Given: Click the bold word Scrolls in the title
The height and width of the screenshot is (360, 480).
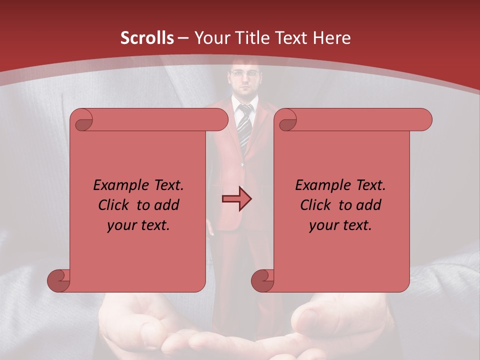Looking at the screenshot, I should click(147, 38).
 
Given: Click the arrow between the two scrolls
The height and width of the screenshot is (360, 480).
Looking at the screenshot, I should click(236, 199).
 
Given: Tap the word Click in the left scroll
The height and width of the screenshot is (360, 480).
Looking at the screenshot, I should click(115, 205).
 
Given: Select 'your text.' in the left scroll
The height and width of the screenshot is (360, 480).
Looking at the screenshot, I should click(138, 225).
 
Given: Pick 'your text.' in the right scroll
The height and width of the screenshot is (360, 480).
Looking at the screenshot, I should click(340, 225).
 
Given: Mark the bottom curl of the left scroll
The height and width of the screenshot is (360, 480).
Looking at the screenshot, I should click(58, 281).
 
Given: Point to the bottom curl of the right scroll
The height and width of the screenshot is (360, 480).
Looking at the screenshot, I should click(262, 281).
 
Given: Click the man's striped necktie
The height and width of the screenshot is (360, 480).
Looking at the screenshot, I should click(244, 125).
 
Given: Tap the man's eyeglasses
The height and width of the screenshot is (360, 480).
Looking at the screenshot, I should click(245, 74).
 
